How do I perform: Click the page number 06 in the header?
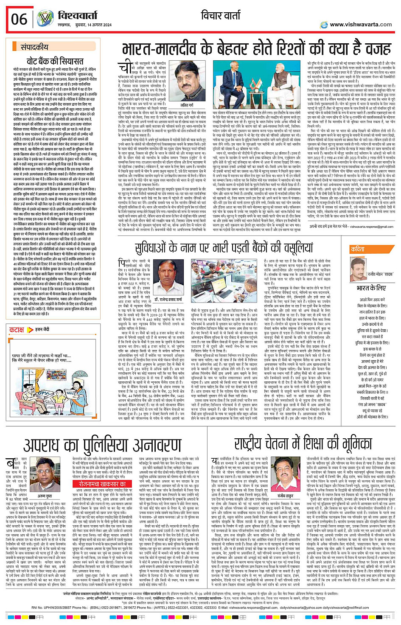pyautogui.click(x=19, y=19)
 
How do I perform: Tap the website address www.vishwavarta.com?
pyautogui.click(x=360, y=24)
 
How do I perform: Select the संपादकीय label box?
pyautogui.click(x=34, y=47)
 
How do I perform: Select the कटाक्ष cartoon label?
pyautogui.click(x=17, y=329)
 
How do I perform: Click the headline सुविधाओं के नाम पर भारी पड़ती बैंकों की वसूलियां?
pyautogui.click(x=224, y=248)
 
